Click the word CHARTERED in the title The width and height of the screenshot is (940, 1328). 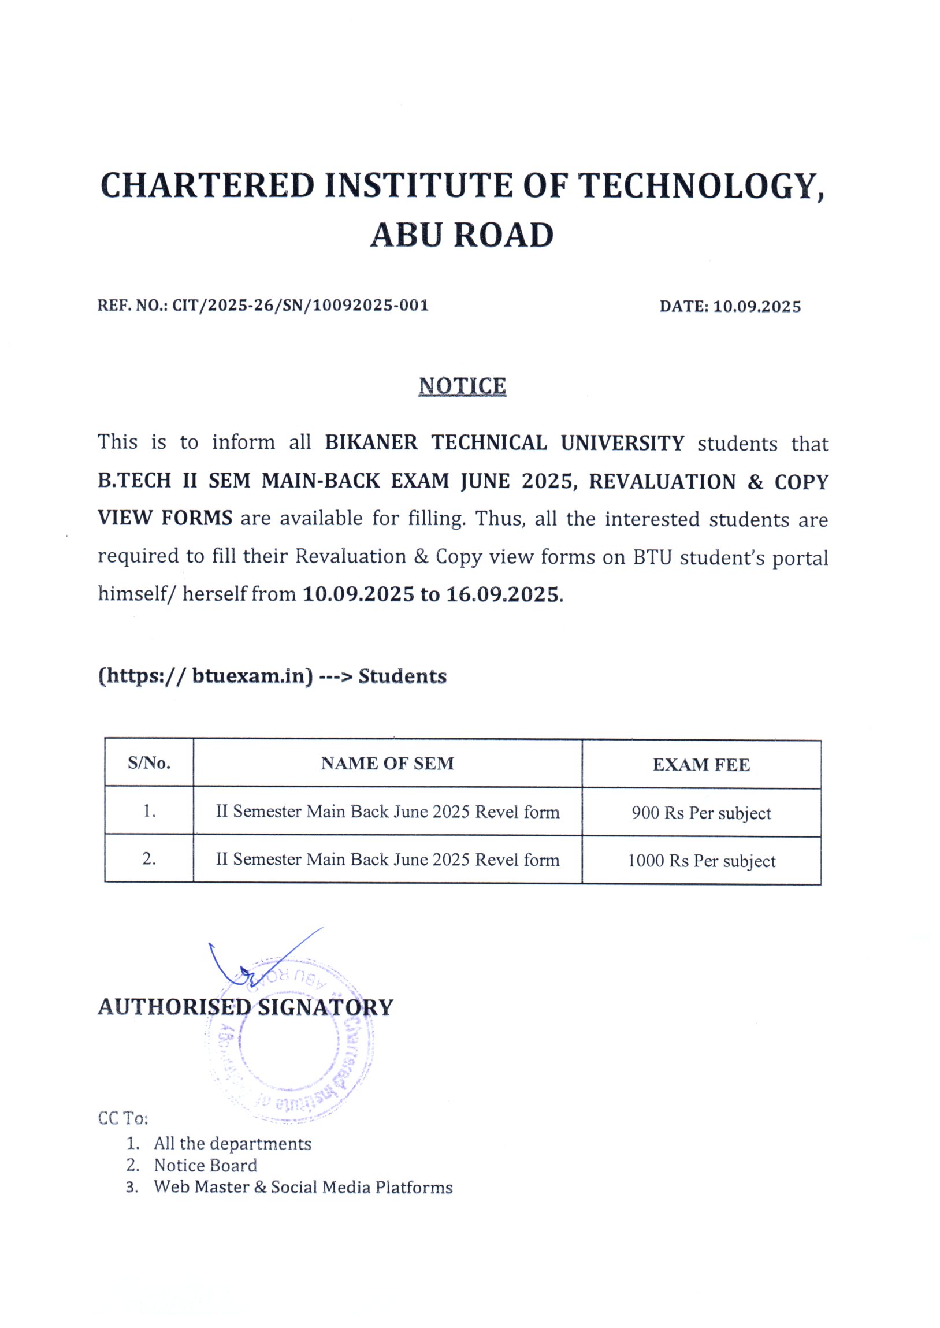[x=207, y=186]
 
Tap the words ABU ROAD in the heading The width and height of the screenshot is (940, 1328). [x=461, y=236]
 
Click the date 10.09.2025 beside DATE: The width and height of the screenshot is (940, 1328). [x=756, y=306]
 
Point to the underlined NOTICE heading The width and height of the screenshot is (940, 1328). [x=462, y=386]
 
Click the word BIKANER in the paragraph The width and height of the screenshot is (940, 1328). [x=371, y=442]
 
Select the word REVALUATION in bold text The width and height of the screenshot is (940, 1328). [x=662, y=481]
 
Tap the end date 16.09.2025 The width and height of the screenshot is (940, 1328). [x=503, y=594]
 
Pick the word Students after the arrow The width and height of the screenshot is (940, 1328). [x=402, y=676]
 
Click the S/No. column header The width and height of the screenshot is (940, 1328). [x=148, y=763]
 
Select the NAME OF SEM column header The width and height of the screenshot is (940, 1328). [x=387, y=764]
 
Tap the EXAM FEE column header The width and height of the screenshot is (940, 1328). [x=701, y=765]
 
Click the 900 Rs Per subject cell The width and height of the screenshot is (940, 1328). [x=701, y=813]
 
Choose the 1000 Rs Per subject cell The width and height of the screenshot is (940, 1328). [x=701, y=861]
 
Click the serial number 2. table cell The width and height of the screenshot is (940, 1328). [x=148, y=860]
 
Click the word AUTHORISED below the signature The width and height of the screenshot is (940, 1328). [x=174, y=1007]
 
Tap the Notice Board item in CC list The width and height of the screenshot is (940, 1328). [x=205, y=1166]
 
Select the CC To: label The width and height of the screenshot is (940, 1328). [x=122, y=1118]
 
